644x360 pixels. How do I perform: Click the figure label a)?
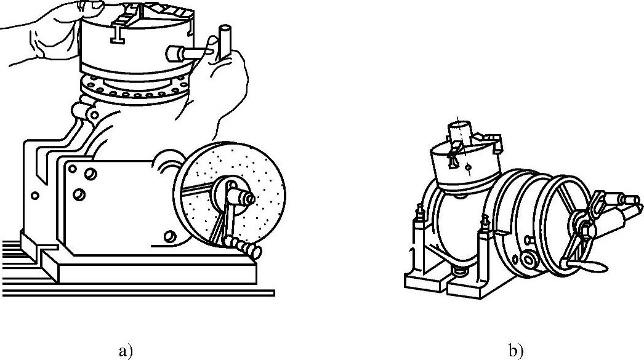click(126, 351)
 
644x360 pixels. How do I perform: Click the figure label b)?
click(516, 351)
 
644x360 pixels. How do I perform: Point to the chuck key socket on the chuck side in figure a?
click(176, 54)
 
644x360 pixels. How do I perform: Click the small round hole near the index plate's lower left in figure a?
click(170, 236)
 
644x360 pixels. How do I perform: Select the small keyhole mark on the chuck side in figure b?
click(469, 166)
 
